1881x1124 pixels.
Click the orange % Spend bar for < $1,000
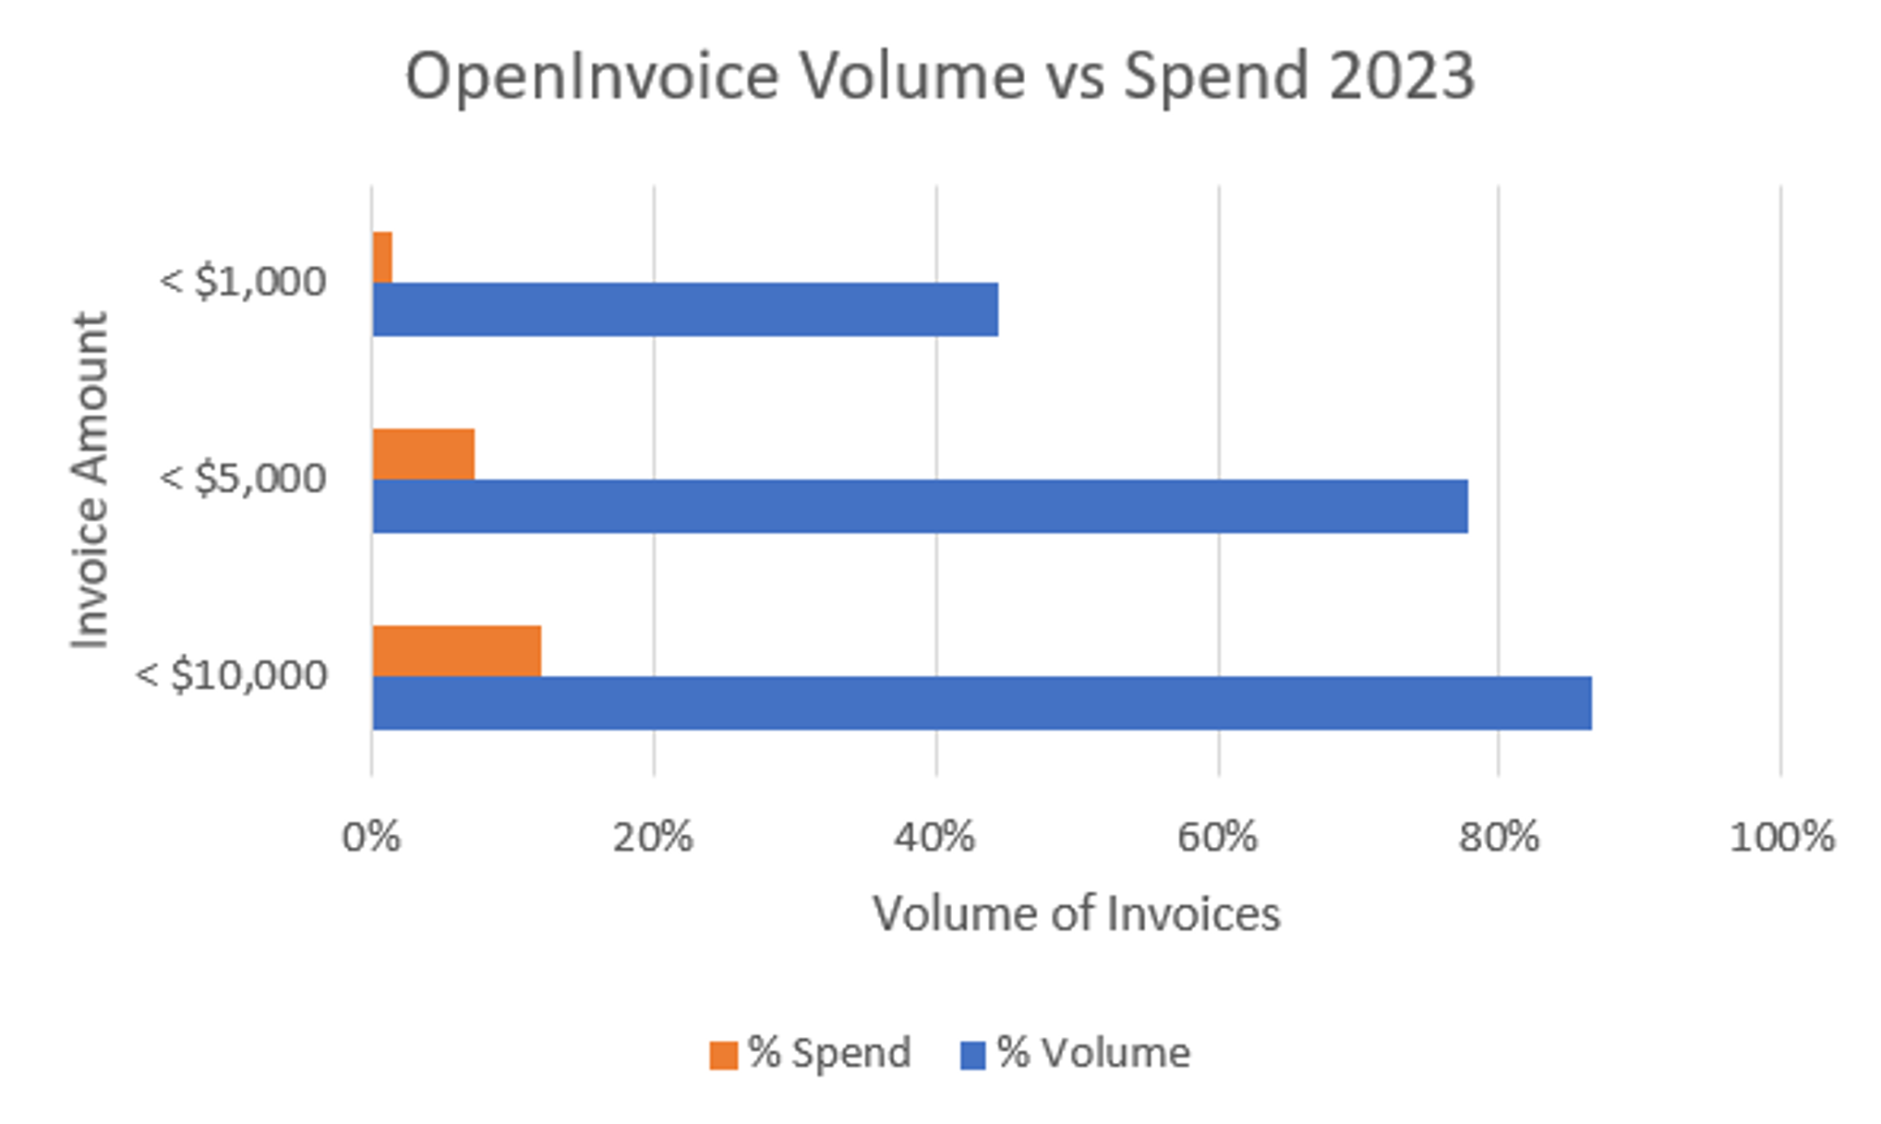click(x=382, y=258)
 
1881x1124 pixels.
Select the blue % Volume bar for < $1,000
click(x=685, y=309)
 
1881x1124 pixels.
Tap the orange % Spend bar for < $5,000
click(x=424, y=454)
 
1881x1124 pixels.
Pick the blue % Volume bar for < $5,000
click(x=920, y=506)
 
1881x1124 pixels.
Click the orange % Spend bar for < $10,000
click(x=457, y=651)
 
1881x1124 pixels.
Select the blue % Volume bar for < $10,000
click(x=982, y=703)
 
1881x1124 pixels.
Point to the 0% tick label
click(x=371, y=838)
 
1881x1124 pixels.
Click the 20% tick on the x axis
click(x=653, y=838)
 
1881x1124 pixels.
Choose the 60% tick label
click(x=1217, y=838)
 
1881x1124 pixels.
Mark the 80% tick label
click(x=1499, y=838)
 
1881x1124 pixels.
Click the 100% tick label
click(x=1781, y=838)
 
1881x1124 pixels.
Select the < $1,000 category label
click(x=244, y=282)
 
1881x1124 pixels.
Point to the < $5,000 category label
click(x=244, y=478)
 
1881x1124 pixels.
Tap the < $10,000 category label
click(x=232, y=675)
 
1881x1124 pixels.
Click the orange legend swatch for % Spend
click(x=723, y=1055)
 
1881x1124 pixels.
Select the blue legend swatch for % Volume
click(x=973, y=1055)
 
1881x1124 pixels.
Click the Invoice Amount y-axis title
click(x=90, y=480)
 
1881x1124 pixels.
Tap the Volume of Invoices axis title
click(x=1077, y=914)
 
